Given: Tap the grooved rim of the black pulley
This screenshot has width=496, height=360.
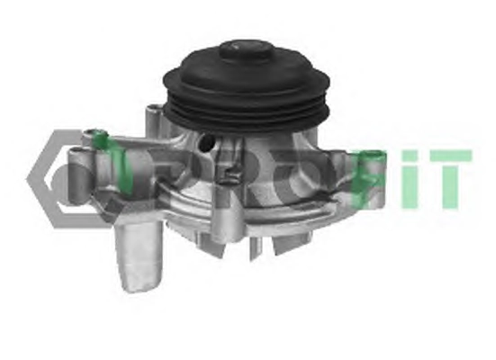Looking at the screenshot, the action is click(247, 109).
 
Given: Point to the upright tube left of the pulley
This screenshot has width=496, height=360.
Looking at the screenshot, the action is click(154, 121).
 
